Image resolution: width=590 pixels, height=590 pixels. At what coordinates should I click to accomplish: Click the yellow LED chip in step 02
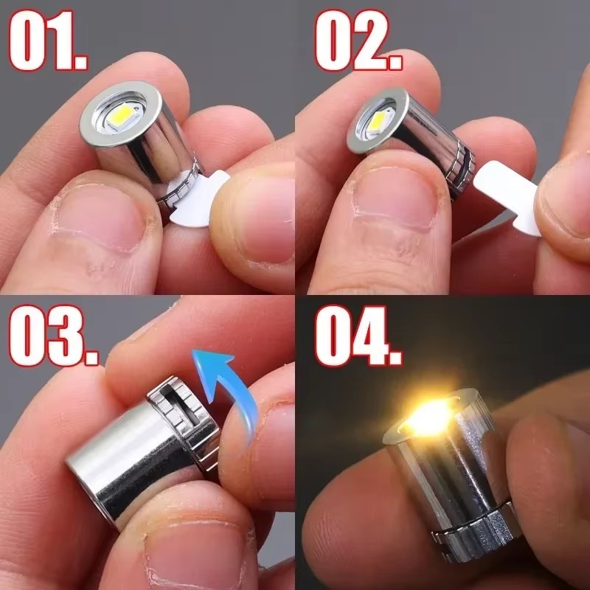pos(381,118)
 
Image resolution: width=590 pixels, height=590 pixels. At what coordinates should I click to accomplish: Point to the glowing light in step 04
pos(426,417)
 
